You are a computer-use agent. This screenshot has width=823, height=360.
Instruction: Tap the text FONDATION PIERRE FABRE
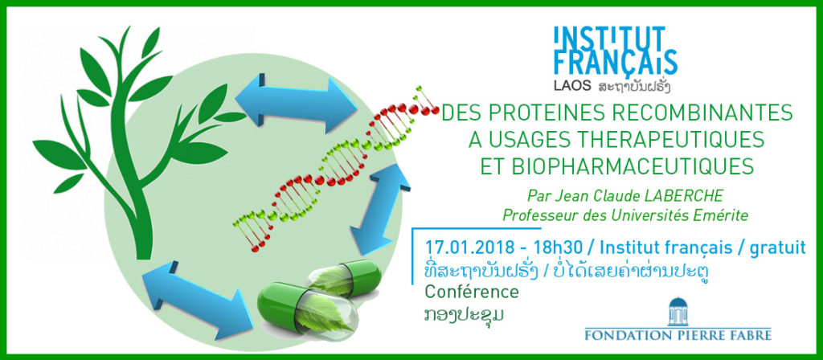[x=678, y=333]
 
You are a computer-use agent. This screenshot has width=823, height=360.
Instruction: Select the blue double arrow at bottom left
[x=198, y=297]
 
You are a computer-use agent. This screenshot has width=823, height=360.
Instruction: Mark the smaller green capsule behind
[x=346, y=277]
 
